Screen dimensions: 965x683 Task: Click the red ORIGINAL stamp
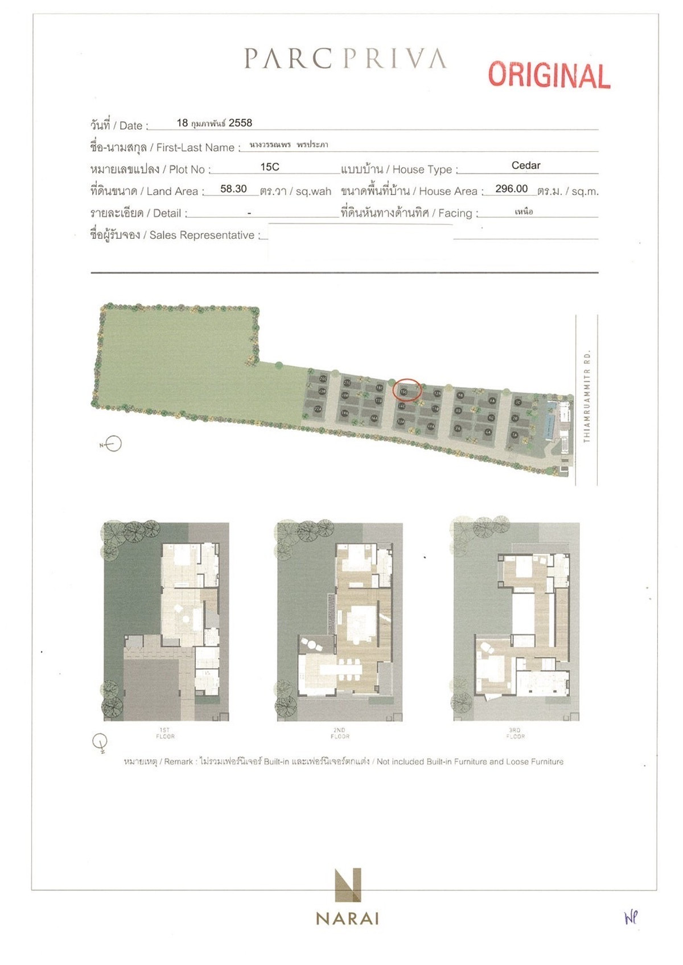coord(549,75)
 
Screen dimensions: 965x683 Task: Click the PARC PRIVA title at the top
coord(345,59)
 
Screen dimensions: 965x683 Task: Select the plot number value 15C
coord(270,167)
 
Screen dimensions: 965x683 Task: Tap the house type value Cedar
coord(525,165)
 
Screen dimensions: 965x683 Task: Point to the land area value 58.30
coord(233,189)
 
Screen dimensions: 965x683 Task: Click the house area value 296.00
coord(511,189)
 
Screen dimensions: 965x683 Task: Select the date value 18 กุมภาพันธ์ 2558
coord(214,123)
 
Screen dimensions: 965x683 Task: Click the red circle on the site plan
coord(408,390)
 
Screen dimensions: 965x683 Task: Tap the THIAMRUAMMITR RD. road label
coord(587,396)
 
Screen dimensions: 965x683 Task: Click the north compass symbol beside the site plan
coord(113,444)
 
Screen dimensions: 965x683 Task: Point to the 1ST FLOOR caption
coord(165,733)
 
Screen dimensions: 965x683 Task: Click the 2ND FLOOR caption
coord(340,733)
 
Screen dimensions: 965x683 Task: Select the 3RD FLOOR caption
coord(515,733)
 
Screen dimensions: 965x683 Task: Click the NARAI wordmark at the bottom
coord(347,918)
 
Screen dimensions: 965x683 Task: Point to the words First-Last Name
coord(195,148)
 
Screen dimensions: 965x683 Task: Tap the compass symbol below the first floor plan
coord(100,742)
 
